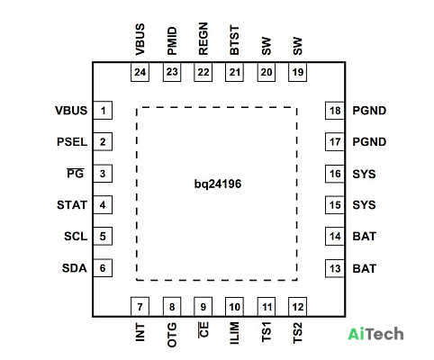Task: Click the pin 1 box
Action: click(x=103, y=111)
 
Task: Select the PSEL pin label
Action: click(x=72, y=142)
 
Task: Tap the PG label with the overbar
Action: click(x=76, y=173)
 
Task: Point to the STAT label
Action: click(x=72, y=205)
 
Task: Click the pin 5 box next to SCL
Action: click(x=103, y=236)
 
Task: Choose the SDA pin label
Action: click(x=75, y=268)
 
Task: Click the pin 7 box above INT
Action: click(x=140, y=307)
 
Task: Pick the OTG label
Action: click(x=172, y=335)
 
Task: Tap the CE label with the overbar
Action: click(x=203, y=329)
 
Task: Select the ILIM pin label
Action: click(x=234, y=333)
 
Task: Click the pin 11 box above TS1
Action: click(x=267, y=307)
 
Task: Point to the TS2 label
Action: click(x=297, y=333)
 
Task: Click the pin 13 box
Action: click(x=335, y=268)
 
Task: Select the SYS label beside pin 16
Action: click(x=364, y=174)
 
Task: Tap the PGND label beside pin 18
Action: click(x=369, y=111)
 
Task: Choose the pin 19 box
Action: click(x=298, y=72)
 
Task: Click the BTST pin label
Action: click(x=234, y=40)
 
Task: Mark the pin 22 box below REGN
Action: click(x=203, y=72)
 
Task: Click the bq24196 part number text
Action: click(x=218, y=184)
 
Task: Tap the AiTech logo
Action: click(x=375, y=334)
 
